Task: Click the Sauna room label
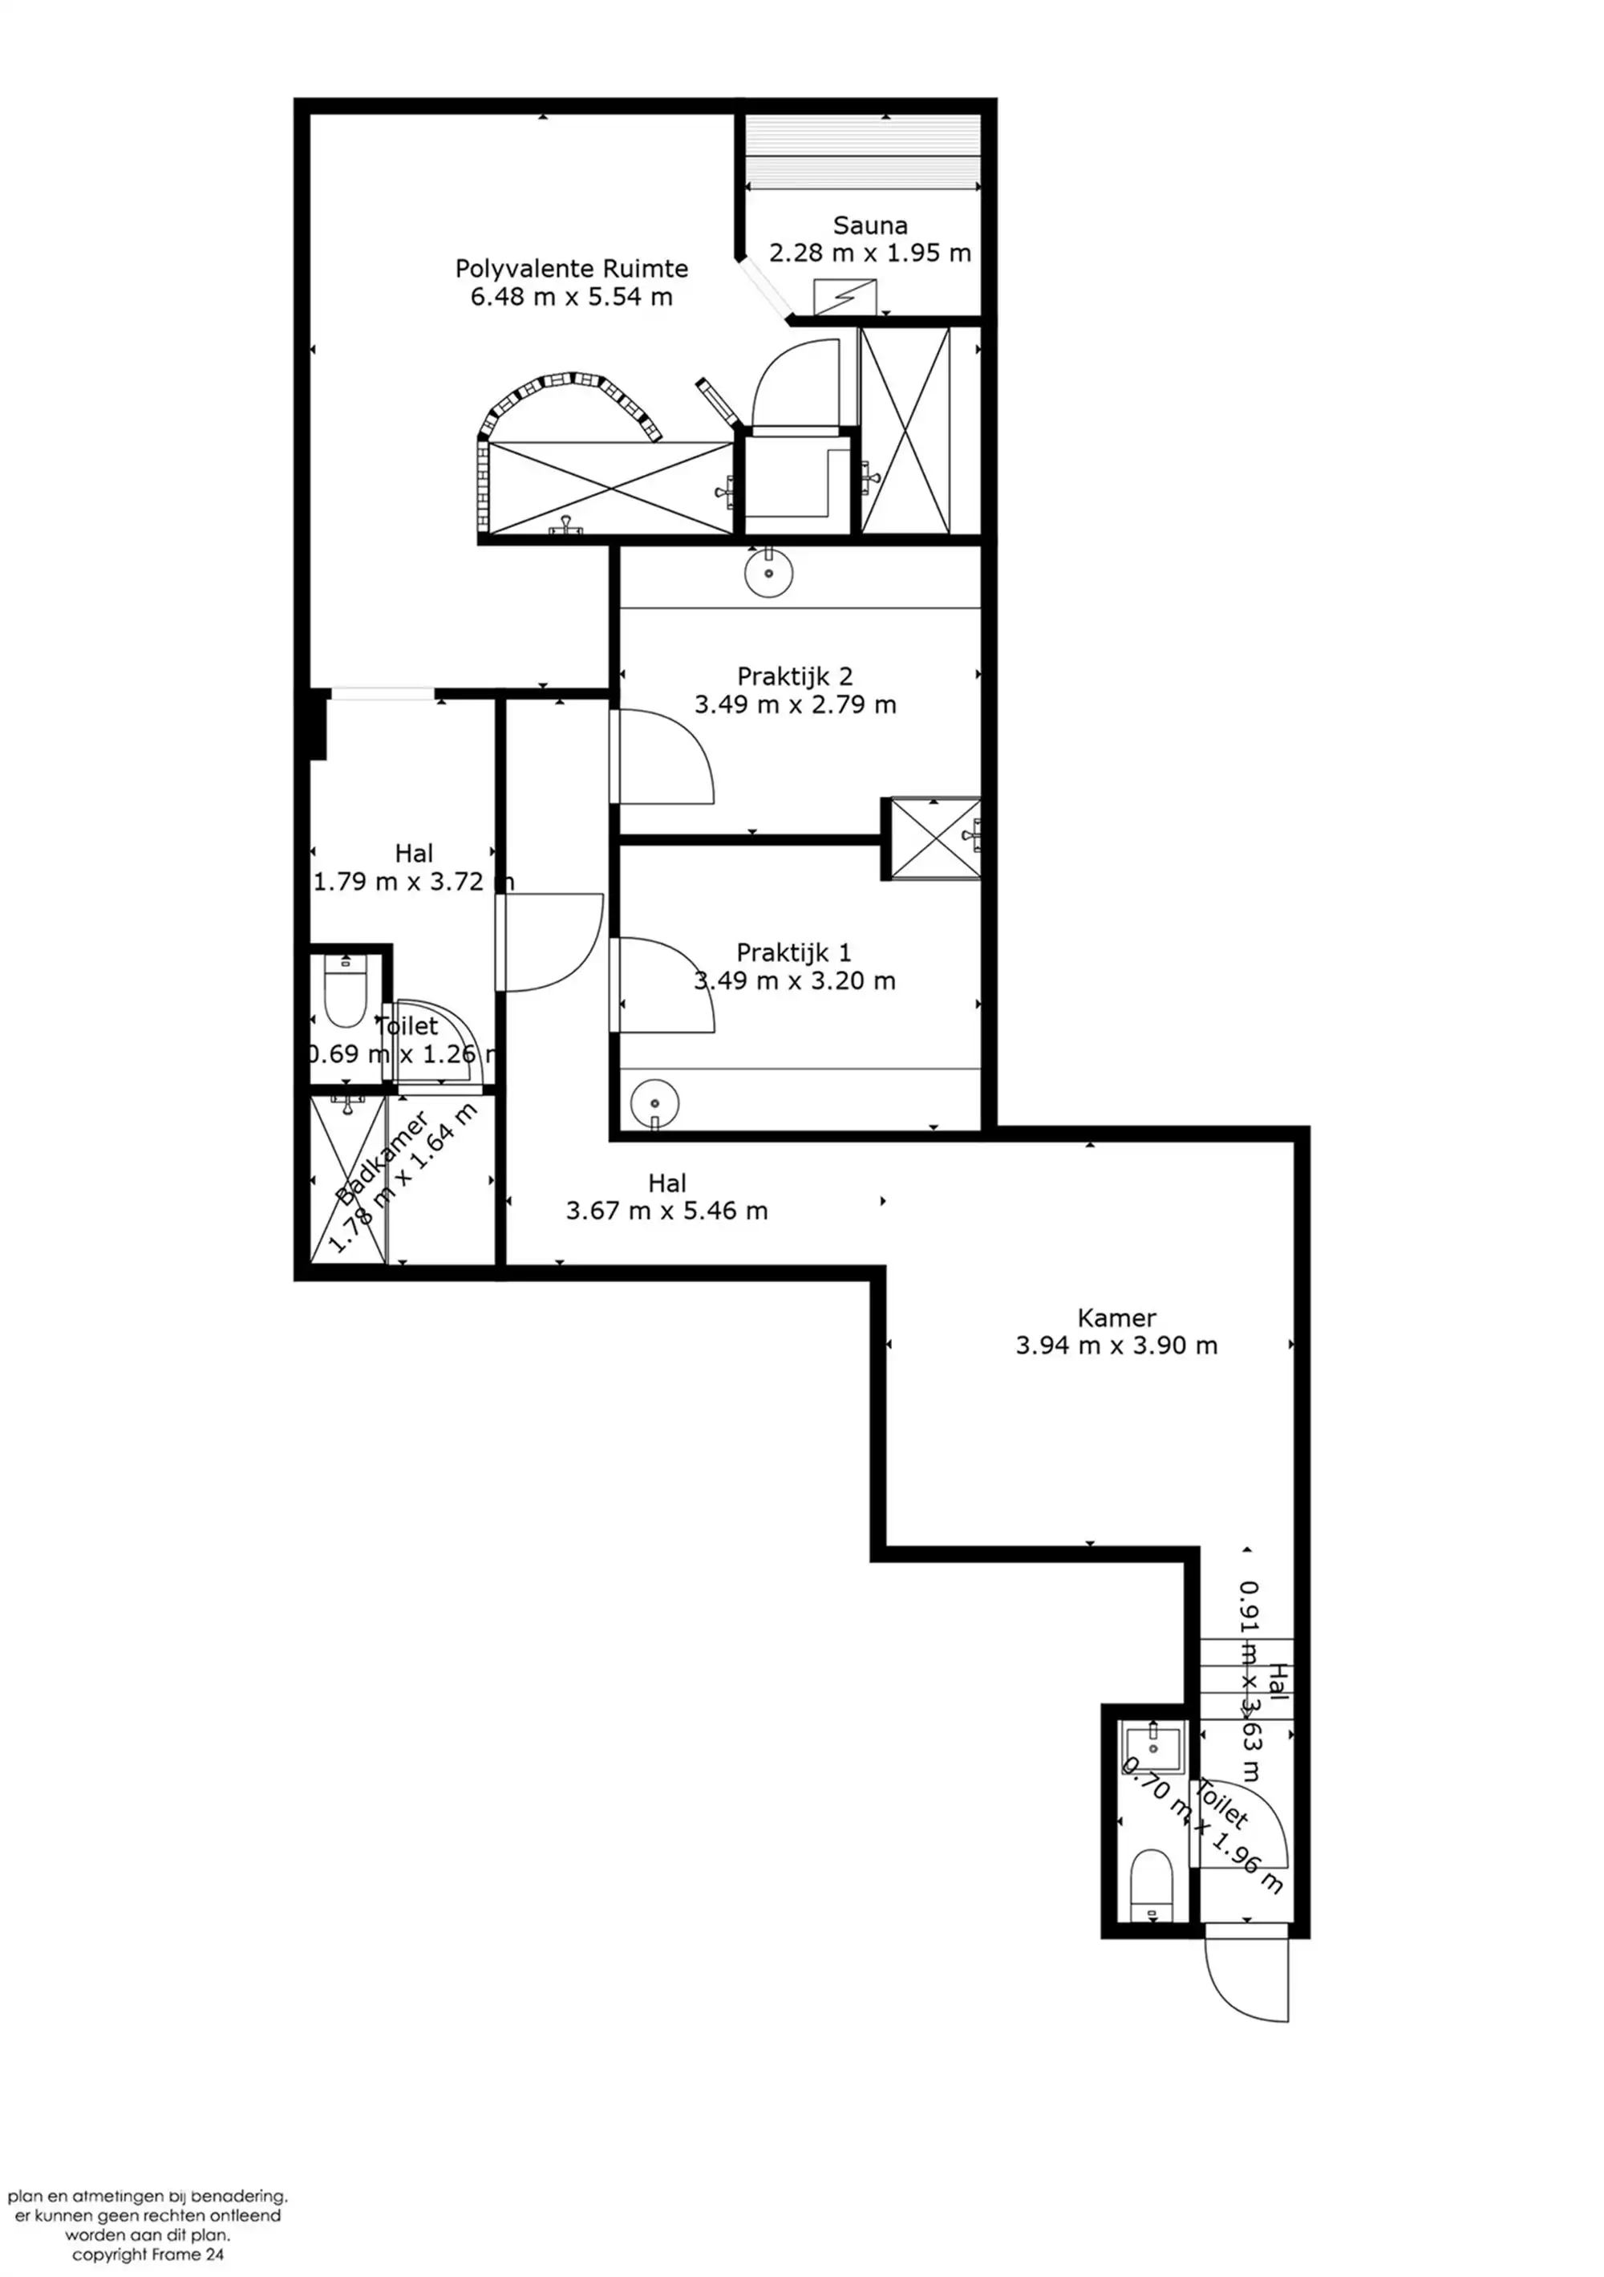[869, 225]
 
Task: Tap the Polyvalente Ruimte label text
[571, 269]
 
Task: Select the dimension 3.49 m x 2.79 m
[795, 704]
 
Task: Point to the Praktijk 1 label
[793, 953]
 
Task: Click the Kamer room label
[1116, 1318]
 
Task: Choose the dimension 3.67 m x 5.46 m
[667, 1211]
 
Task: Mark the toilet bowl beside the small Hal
[345, 992]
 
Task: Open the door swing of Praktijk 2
[662, 757]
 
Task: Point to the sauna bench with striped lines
[862, 152]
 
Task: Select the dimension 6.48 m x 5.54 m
[571, 297]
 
